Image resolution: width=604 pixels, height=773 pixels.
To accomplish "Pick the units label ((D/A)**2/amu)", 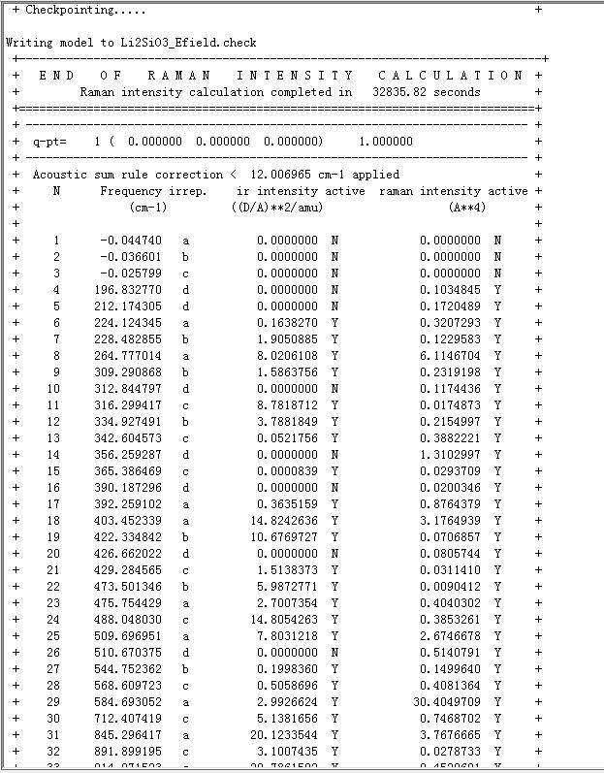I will point(276,208).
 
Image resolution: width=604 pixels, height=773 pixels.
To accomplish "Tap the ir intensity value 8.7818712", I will point(289,405).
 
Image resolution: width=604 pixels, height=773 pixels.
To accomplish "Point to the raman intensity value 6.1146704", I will point(450,356).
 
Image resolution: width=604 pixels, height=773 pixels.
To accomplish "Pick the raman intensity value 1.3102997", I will point(450,455).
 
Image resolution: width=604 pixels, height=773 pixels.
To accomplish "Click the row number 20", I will point(56,554).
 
